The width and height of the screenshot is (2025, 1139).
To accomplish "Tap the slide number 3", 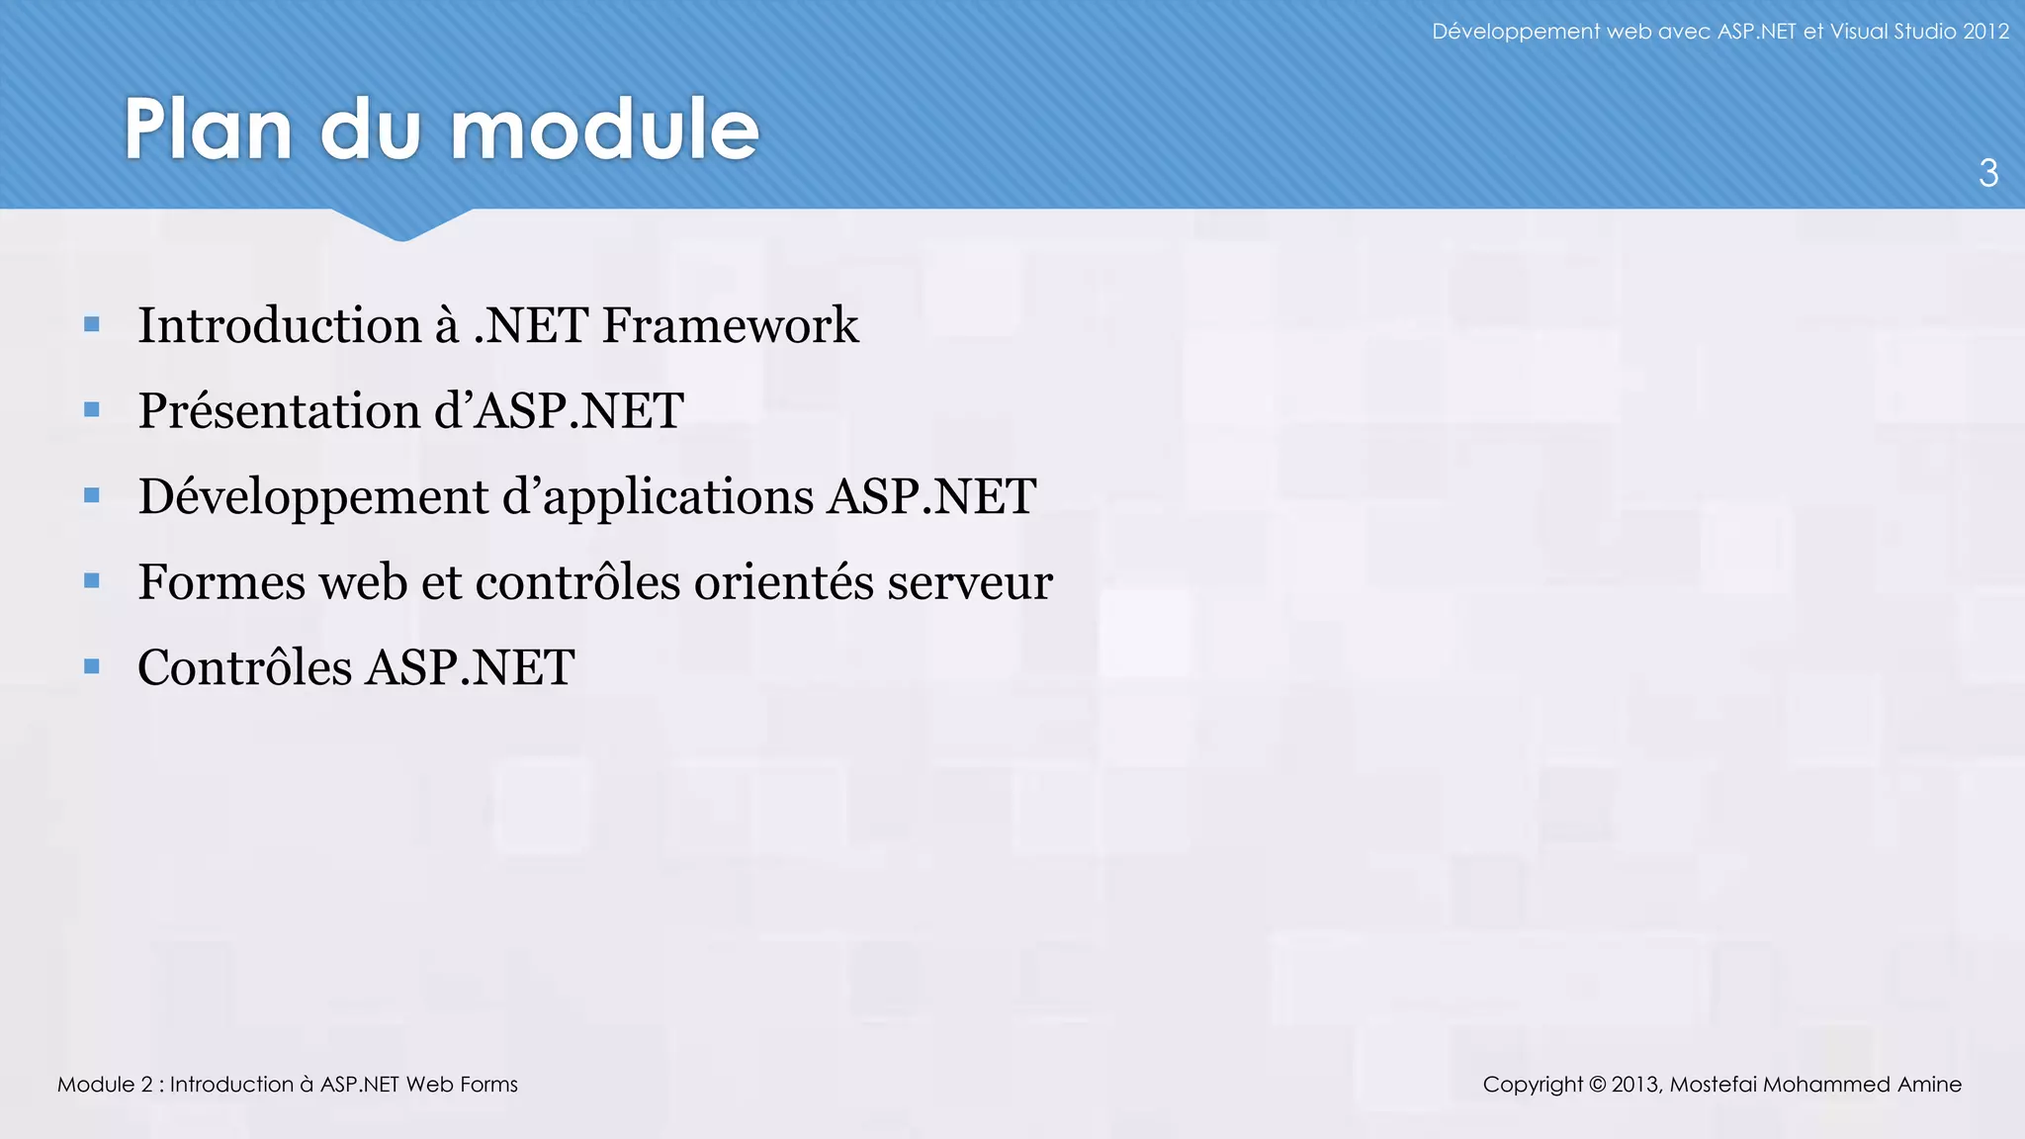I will [x=1988, y=173].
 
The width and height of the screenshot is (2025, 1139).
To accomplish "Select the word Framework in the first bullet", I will [x=731, y=325].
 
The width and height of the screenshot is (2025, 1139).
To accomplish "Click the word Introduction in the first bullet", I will [x=280, y=325].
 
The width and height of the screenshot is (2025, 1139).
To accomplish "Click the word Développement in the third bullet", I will [x=313, y=497].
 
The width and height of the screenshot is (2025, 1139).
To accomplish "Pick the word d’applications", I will [x=659, y=497].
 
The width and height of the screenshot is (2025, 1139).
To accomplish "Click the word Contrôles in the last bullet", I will [x=244, y=667].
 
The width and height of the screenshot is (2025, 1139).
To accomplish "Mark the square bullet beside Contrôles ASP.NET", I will [x=92, y=666].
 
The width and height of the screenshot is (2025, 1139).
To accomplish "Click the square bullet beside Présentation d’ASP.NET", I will [x=92, y=409].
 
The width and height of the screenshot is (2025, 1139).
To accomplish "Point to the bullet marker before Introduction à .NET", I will [x=92, y=324].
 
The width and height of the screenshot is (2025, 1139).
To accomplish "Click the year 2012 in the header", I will [x=1985, y=32].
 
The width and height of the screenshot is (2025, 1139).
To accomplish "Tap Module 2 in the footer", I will [x=104, y=1085].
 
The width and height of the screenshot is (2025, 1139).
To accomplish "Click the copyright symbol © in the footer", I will [x=1597, y=1085].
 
